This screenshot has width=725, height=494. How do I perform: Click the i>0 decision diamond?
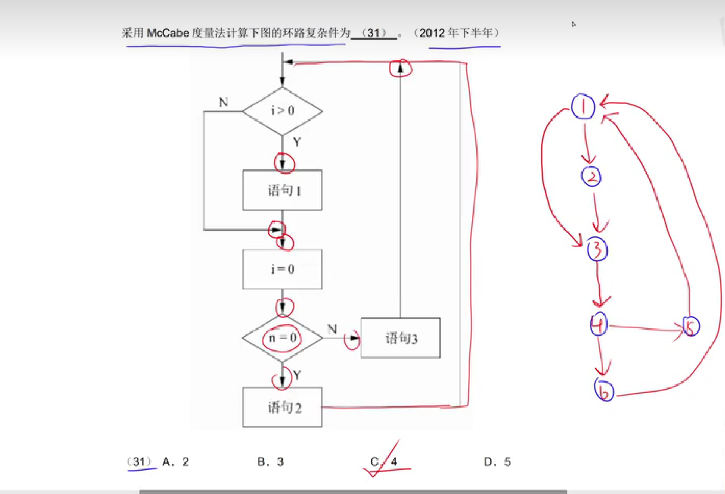click(x=283, y=111)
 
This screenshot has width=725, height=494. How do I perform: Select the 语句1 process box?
click(x=283, y=190)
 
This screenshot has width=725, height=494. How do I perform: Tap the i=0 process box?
click(x=283, y=269)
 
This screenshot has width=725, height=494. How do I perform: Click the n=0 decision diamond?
click(x=283, y=338)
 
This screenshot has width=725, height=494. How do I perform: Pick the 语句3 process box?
click(x=400, y=338)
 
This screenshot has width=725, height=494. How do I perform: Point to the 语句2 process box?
click(x=283, y=407)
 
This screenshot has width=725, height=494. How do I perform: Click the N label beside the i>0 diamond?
click(x=223, y=102)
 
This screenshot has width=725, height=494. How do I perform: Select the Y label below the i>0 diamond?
click(x=297, y=142)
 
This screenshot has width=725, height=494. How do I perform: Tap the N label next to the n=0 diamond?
click(x=332, y=329)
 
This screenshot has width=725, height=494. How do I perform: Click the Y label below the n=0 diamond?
click(x=297, y=375)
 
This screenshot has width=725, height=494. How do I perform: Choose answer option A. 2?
click(x=176, y=462)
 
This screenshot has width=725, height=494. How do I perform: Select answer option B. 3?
click(x=270, y=462)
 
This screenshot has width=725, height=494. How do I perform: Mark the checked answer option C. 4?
click(x=384, y=462)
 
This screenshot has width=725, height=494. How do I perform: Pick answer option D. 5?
click(x=497, y=462)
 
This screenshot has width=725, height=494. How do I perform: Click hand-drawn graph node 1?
click(x=583, y=106)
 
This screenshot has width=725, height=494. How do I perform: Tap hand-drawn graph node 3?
click(x=597, y=249)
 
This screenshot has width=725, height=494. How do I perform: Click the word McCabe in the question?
click(x=168, y=33)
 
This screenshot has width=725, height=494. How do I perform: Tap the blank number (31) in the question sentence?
click(x=374, y=33)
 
